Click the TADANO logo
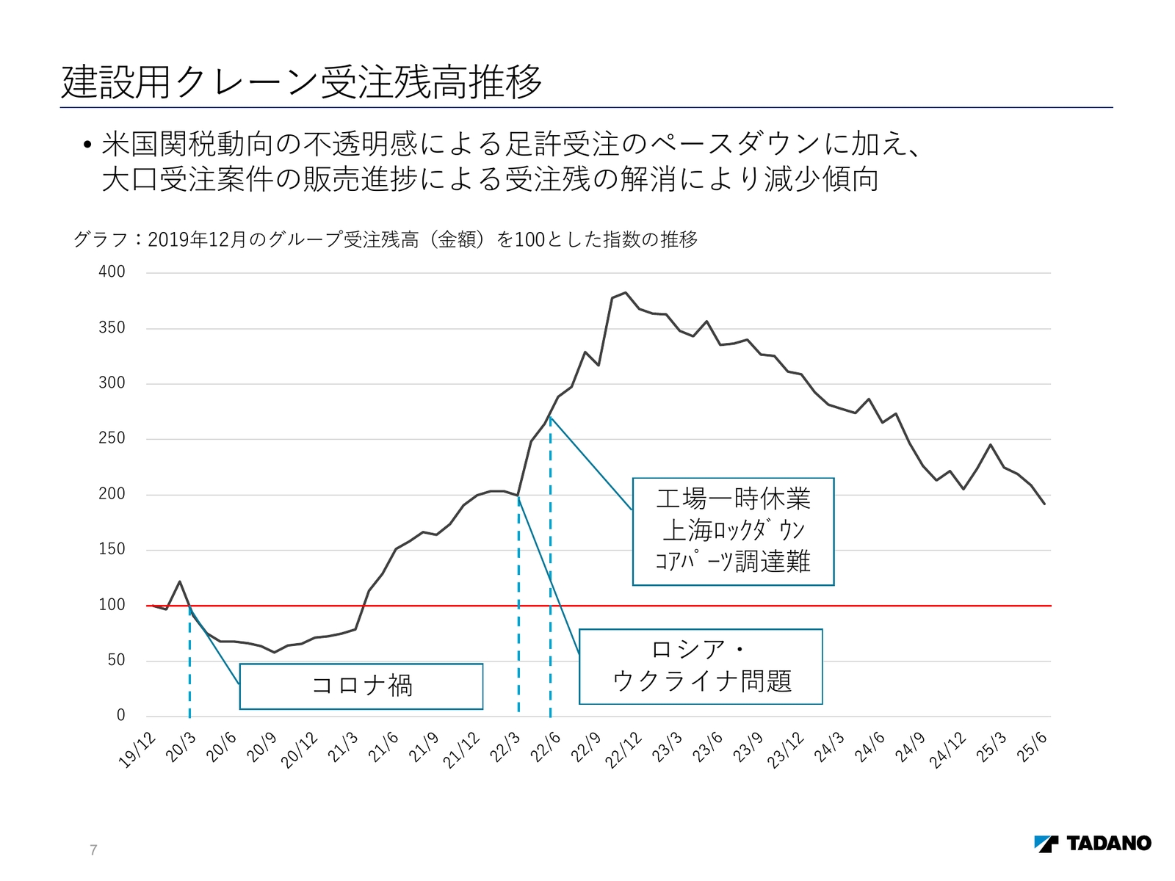coord(1092,843)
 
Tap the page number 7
coord(93,850)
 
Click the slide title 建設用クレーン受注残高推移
coord(301,81)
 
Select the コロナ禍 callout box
coord(361,686)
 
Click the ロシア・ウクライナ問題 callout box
coord(701,667)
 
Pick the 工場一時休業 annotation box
coord(733,532)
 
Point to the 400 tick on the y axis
coord(112,272)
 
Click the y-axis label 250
coord(112,438)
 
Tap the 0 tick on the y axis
coord(121,715)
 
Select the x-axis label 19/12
coord(137,750)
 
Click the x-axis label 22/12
coord(623,750)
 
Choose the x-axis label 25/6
coord(1033,747)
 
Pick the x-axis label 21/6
coord(383,747)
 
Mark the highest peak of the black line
coord(625,292)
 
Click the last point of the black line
coord(1044,504)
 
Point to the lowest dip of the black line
coord(274,652)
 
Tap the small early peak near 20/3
coord(180,581)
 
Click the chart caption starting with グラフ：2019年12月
coord(386,239)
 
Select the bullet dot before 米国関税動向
coord(87,145)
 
